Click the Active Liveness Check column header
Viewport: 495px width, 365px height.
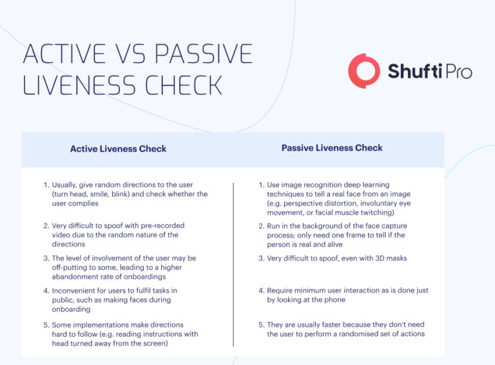(118, 149)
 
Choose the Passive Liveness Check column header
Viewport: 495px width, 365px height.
(332, 148)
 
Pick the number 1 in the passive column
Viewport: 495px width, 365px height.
(261, 185)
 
